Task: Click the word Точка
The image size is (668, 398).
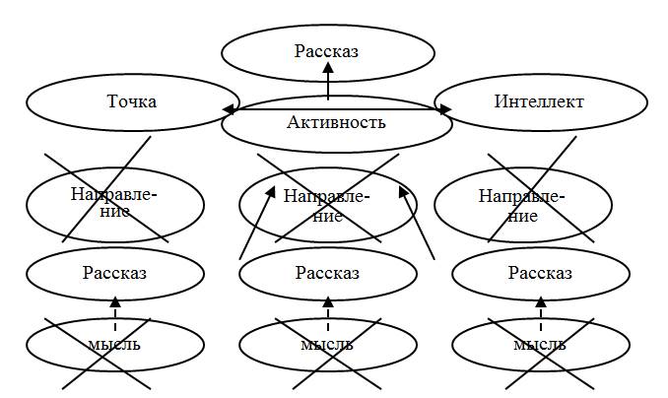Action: [x=131, y=101]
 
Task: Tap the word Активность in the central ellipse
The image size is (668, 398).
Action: [x=336, y=122]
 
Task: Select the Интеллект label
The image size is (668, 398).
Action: [x=539, y=101]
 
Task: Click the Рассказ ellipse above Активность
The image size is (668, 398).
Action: [x=328, y=50]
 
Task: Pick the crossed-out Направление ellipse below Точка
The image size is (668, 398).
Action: [x=114, y=203]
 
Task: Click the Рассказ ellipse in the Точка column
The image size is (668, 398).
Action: [x=114, y=273]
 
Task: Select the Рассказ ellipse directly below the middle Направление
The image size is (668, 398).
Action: [x=328, y=273]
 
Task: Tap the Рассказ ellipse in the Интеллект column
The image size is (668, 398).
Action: [x=541, y=273]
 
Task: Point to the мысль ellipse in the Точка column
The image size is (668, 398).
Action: [x=114, y=344]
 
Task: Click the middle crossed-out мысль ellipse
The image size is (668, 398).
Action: [x=328, y=344]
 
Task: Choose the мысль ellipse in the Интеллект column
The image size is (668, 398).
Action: [x=541, y=344]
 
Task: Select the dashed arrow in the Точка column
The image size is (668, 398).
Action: [x=114, y=309]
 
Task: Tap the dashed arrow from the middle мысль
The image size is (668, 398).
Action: [x=328, y=309]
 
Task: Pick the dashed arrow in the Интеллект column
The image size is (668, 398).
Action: [x=541, y=309]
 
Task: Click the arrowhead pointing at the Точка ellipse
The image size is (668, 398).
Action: [x=229, y=108]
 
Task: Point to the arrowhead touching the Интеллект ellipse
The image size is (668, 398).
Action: [x=439, y=109]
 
